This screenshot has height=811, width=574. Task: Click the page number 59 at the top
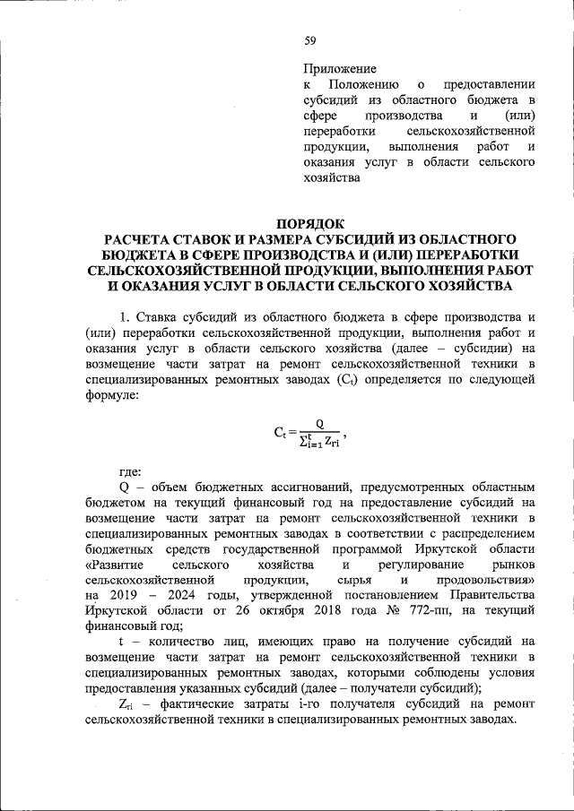click(310, 39)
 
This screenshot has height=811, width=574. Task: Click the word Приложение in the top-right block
click(340, 68)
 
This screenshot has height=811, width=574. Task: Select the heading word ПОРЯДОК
click(310, 223)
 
